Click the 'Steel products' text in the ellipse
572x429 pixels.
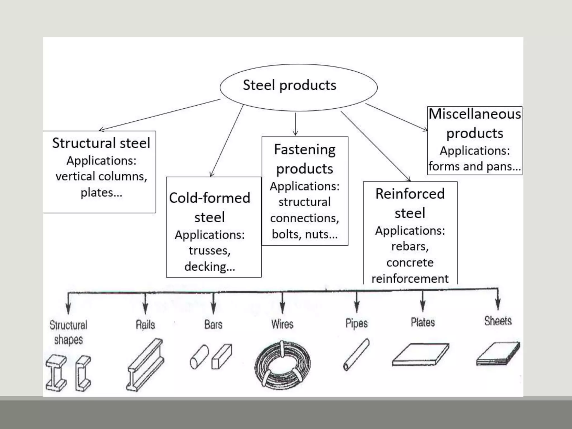pyautogui.click(x=289, y=85)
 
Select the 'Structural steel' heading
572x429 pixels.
pyautogui.click(x=101, y=143)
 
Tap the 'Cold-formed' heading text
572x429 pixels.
pyautogui.click(x=209, y=198)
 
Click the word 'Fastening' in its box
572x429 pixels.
pyautogui.click(x=305, y=149)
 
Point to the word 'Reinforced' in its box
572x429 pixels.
pyautogui.click(x=410, y=194)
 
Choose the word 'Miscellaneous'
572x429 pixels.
pyautogui.click(x=475, y=114)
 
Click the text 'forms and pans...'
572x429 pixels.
pyautogui.click(x=475, y=166)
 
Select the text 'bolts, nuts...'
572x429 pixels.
pyautogui.click(x=305, y=234)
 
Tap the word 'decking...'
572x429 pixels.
pyautogui.click(x=210, y=266)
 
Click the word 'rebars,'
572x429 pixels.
pyautogui.click(x=410, y=246)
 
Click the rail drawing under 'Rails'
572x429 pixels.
pyautogui.click(x=145, y=364)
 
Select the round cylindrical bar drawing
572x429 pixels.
pyautogui.click(x=199, y=357)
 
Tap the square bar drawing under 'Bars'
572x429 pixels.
pyautogui.click(x=222, y=357)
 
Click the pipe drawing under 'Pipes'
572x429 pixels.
pyautogui.click(x=356, y=355)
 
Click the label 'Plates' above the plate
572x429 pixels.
pyautogui.click(x=423, y=322)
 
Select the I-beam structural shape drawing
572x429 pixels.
pyautogui.click(x=56, y=373)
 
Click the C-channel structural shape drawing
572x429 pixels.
pyautogui.click(x=83, y=373)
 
